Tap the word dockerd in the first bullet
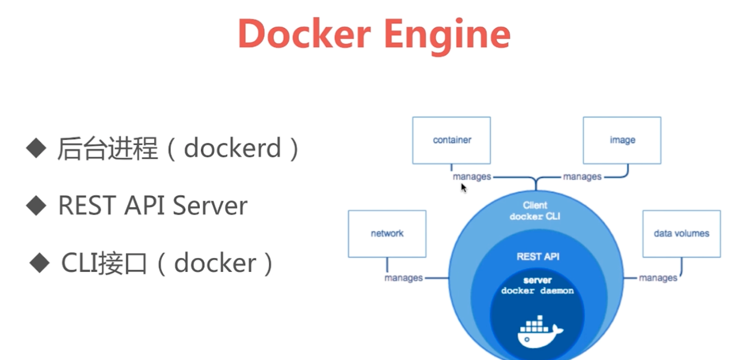coord(232,149)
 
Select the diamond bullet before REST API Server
coord(36,206)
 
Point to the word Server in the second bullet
coord(210,206)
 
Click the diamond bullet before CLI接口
coord(40,263)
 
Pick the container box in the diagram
coord(451,140)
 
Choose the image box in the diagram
coord(622,140)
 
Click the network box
coord(387,234)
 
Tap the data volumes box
coord(681,234)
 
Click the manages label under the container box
coord(472,177)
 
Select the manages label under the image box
coord(582,177)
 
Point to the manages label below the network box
coord(404,278)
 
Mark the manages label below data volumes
coord(658,278)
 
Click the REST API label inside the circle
coord(538,257)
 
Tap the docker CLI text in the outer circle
coord(535,217)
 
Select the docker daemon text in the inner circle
coord(537,291)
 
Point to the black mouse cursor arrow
coord(464,188)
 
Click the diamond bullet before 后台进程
coord(36,148)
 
